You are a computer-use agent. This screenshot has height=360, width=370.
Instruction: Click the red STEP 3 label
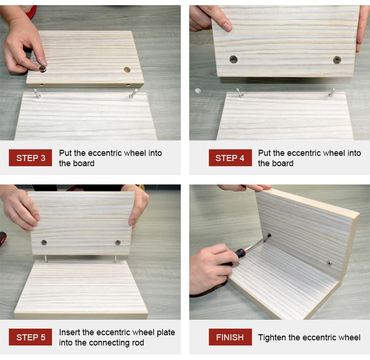[x=30, y=158]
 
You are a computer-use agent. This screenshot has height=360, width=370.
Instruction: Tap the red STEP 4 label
[x=229, y=158]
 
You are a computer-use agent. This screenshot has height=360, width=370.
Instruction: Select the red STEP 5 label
[x=30, y=337]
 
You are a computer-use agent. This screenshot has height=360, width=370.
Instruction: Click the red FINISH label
[x=229, y=337]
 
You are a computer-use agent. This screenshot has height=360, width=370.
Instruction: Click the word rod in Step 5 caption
[x=137, y=343]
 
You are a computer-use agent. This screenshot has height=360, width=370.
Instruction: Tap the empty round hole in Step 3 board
[x=127, y=70]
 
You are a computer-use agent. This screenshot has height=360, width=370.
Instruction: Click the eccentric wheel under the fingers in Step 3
[x=43, y=69]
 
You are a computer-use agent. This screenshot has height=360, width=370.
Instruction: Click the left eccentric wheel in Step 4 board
[x=233, y=59]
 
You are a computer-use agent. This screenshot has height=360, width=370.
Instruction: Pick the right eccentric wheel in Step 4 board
[x=337, y=59]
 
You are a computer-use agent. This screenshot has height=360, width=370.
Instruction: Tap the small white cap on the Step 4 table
[x=198, y=90]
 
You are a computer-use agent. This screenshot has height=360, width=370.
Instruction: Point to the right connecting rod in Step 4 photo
[x=332, y=92]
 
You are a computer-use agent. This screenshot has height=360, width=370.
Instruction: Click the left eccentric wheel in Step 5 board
[x=44, y=242]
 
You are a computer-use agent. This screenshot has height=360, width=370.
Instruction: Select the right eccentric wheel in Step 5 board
[x=118, y=242]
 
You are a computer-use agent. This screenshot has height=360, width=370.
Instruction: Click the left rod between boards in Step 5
[x=46, y=258]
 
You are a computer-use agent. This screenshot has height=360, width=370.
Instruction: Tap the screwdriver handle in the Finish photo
[x=240, y=254]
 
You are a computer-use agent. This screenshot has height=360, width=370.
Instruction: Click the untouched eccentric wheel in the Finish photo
[x=330, y=263]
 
